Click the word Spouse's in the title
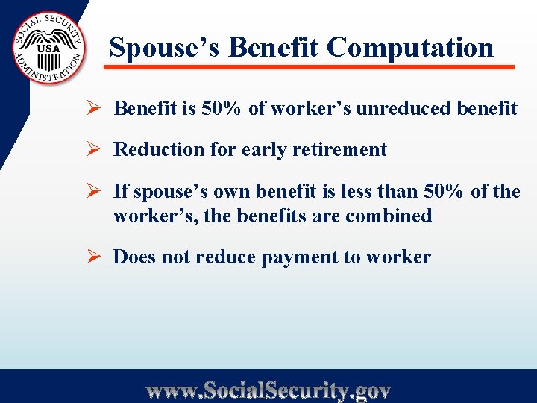[165, 47]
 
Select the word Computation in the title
[410, 47]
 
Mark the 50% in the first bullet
[222, 108]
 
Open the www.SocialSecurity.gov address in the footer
[268, 390]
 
